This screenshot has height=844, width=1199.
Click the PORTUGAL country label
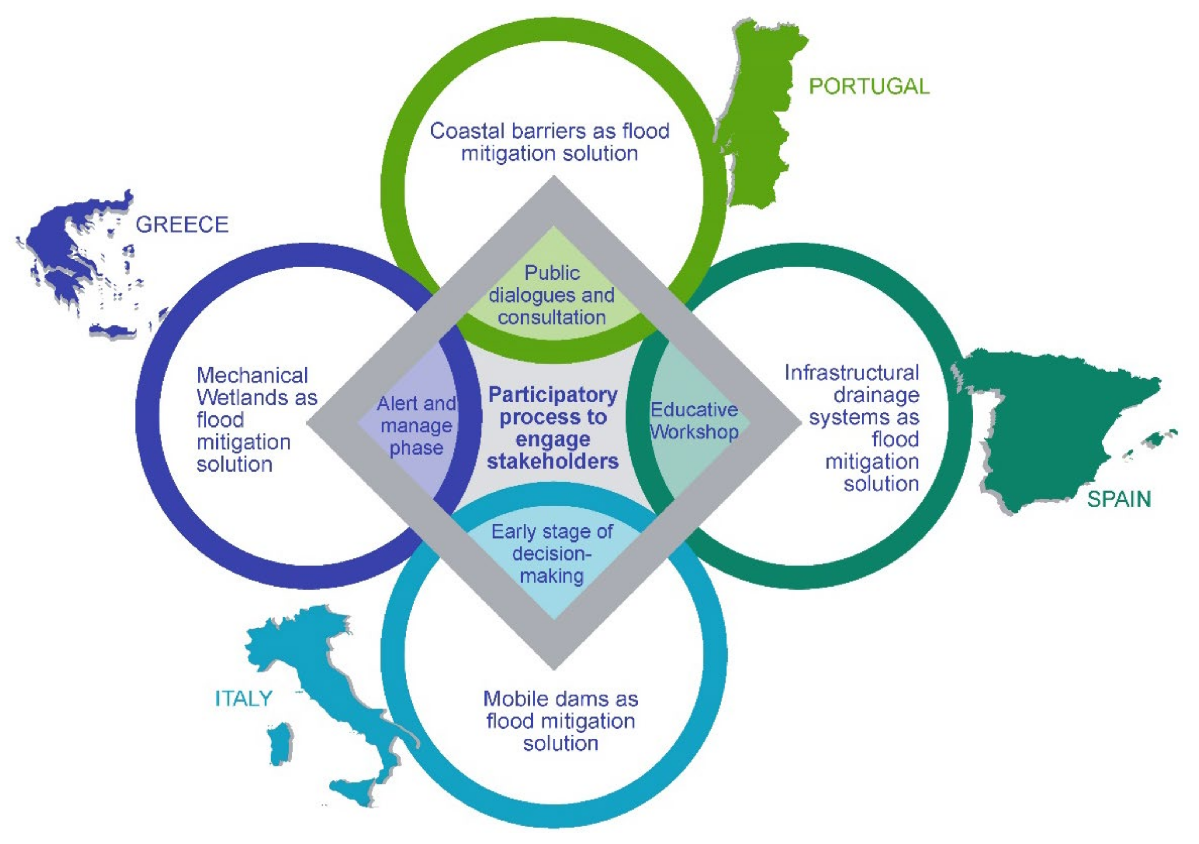869,86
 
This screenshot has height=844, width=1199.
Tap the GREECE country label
182,224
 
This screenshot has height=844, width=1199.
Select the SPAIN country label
1119,500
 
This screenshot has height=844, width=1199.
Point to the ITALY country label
244,698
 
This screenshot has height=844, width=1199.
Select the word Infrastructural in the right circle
851,373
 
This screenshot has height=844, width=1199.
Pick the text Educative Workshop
693,421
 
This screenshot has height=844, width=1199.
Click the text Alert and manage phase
416,425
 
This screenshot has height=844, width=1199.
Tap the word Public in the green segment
552,273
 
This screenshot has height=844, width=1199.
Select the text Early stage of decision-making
552,553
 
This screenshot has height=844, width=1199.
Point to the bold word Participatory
553,395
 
